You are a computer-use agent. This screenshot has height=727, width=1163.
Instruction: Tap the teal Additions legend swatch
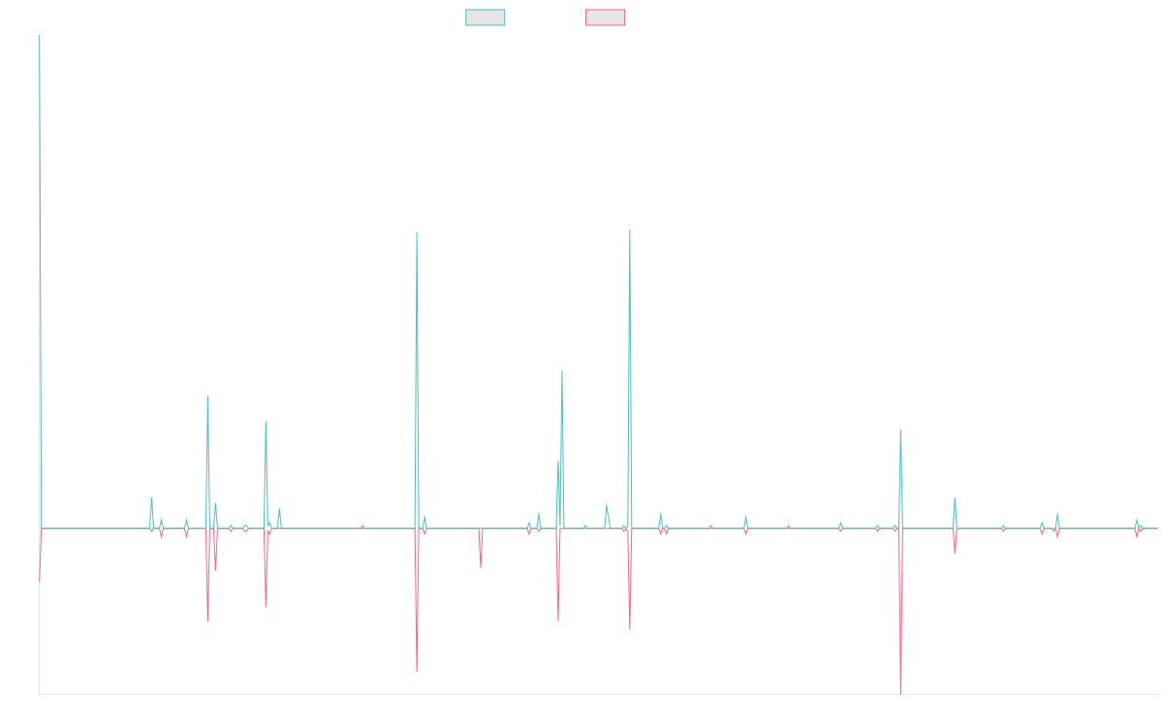point(486,17)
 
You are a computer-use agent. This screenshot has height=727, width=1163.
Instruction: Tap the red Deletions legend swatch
point(605,17)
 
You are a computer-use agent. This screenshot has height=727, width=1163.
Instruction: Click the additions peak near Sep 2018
point(417,233)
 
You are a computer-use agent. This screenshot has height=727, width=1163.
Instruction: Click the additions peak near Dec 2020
point(630,230)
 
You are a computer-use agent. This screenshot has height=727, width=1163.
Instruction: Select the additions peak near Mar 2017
point(266,422)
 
